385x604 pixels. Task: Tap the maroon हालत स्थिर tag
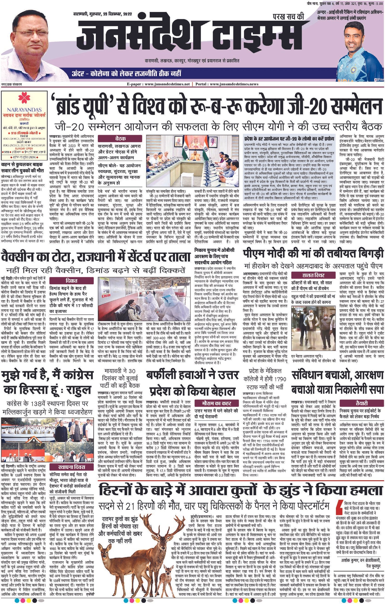tap(313, 275)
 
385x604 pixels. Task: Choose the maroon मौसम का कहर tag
tap(217, 403)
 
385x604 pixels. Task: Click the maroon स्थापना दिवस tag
tap(71, 467)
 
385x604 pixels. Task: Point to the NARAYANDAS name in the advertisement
tap(24, 110)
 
